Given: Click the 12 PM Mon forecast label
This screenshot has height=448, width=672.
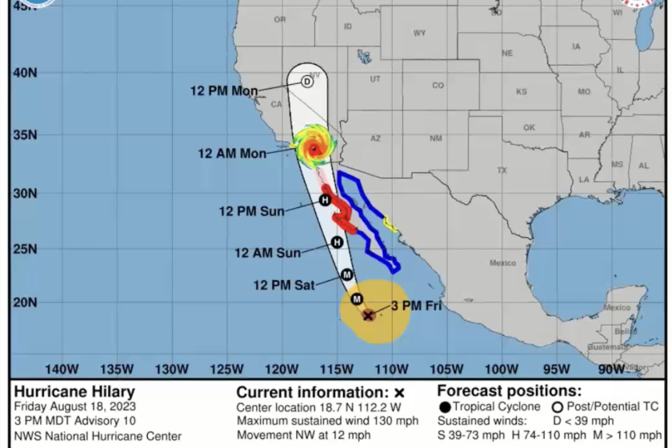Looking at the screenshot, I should [x=224, y=91].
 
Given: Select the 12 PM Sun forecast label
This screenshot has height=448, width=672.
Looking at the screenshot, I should [x=252, y=211].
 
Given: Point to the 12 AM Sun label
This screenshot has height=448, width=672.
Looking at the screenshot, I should [x=267, y=253].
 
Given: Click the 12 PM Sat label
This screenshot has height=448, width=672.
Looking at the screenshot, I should [x=284, y=284].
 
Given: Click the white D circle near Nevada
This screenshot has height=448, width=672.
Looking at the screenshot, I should [x=306, y=82].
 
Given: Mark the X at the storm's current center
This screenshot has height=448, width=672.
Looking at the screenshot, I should [x=368, y=315].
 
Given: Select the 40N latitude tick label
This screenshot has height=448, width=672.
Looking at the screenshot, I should [x=25, y=72].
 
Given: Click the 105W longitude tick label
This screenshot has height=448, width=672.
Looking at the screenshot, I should [x=447, y=369].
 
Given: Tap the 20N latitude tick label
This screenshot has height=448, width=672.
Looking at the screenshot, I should [x=25, y=302].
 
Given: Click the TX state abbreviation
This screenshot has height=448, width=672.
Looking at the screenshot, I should [x=502, y=170].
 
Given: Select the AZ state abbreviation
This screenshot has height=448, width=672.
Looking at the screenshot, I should [x=376, y=138].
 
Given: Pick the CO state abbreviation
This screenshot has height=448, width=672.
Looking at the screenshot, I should [x=438, y=86].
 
